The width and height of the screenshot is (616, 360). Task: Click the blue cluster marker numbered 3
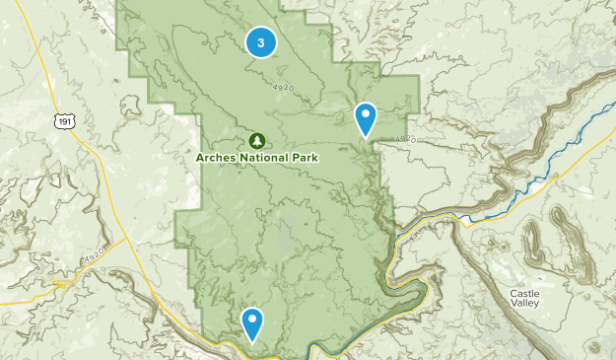tap(260, 41)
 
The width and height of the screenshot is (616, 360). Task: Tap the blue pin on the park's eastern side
tap(366, 118)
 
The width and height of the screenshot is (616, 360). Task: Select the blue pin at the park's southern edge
tap(253, 322)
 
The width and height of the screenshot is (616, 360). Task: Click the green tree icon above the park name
tap(256, 141)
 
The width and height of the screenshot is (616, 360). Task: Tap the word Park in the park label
tap(304, 158)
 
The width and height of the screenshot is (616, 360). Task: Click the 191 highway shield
tap(64, 120)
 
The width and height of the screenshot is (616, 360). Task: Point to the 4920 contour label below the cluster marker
tap(284, 89)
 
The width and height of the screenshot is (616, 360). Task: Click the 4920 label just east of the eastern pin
tap(406, 139)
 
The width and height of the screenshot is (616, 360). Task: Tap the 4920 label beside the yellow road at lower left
tap(94, 258)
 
